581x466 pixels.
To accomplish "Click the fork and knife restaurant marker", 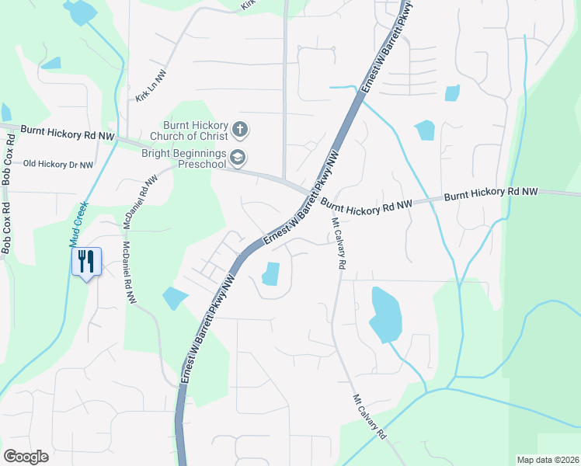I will [x=86, y=260].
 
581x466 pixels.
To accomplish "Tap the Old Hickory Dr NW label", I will [x=58, y=165].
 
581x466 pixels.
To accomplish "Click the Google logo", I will [x=26, y=457].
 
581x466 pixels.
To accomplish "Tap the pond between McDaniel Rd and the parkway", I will [x=175, y=297].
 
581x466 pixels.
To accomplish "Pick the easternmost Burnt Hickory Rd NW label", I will [x=491, y=194].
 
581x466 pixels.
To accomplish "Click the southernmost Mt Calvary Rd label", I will [x=370, y=417].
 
